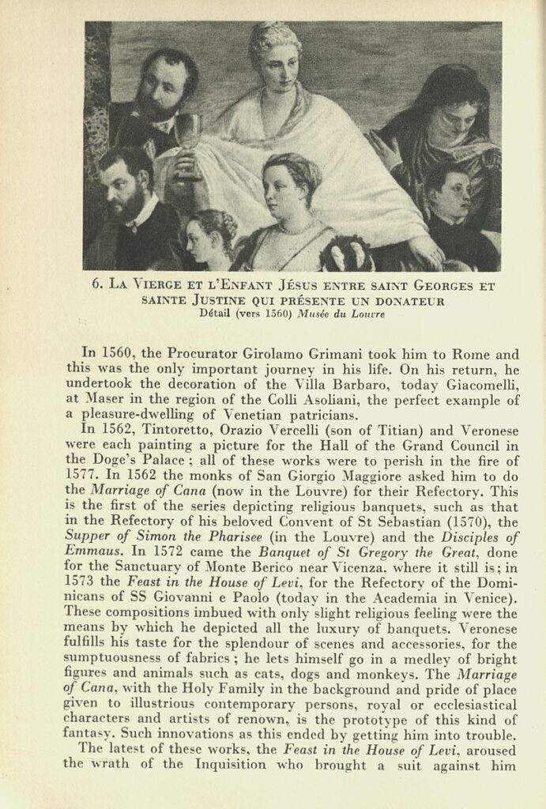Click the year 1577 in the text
81,474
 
